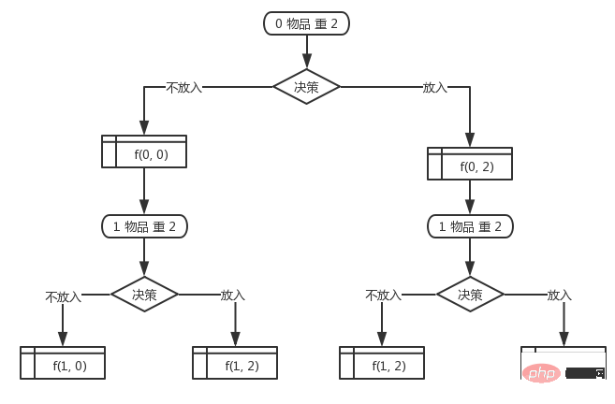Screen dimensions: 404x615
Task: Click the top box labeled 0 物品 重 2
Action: (306, 23)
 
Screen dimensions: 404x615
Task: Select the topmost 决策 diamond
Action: (306, 87)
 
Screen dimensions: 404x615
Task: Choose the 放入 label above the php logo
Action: (559, 295)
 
